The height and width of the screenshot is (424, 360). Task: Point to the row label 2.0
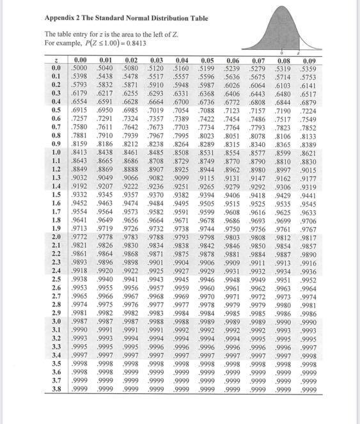click(56, 254)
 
